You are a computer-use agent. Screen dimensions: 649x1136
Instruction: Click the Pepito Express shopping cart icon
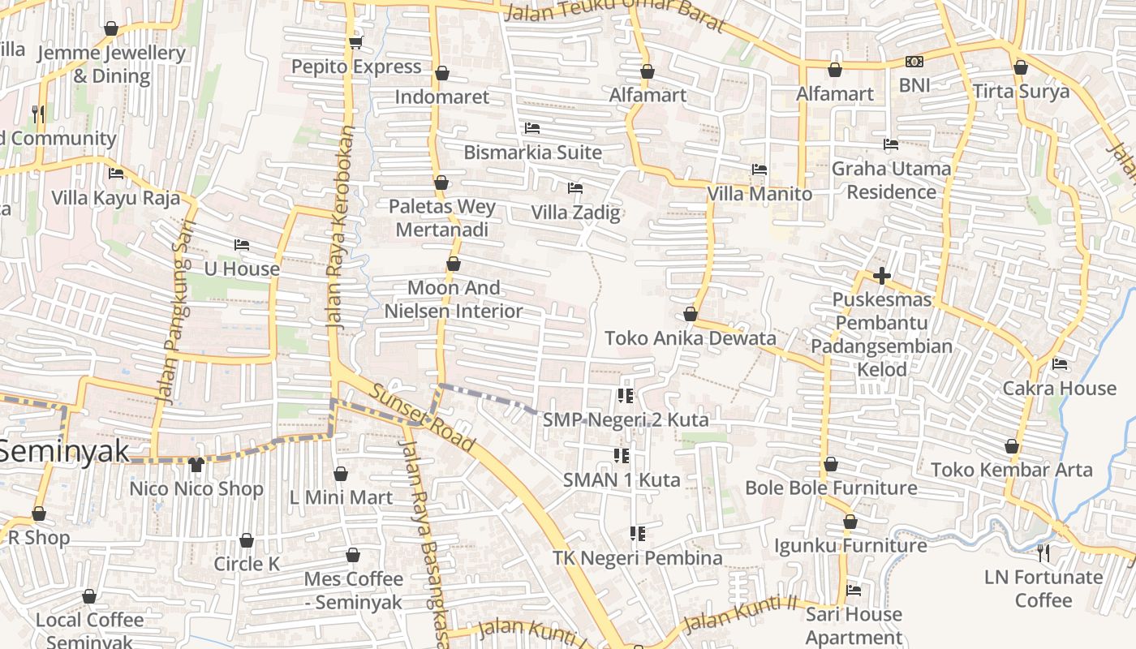pyautogui.click(x=355, y=42)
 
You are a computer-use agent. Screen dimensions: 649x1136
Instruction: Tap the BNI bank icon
pyautogui.click(x=914, y=62)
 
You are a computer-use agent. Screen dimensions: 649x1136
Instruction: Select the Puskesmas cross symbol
pyautogui.click(x=882, y=276)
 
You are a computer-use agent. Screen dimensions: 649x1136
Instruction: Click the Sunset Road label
pyautogui.click(x=421, y=419)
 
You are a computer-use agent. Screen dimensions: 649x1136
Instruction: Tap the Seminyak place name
pyautogui.click(x=64, y=451)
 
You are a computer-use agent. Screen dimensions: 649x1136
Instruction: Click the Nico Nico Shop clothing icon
pyautogui.click(x=196, y=465)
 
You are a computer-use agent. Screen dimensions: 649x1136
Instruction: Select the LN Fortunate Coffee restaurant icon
pyautogui.click(x=1043, y=553)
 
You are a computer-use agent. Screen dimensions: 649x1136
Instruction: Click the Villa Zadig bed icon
pyautogui.click(x=575, y=188)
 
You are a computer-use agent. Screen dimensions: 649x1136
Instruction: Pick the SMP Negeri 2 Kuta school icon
pyautogui.click(x=625, y=396)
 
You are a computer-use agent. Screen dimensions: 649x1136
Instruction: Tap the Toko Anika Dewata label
pyautogui.click(x=691, y=338)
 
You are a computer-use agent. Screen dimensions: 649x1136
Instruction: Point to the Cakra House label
pyautogui.click(x=1060, y=389)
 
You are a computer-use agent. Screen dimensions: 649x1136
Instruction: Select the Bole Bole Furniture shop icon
pyautogui.click(x=831, y=465)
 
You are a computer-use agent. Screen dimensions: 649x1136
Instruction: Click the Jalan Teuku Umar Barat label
pyautogui.click(x=613, y=14)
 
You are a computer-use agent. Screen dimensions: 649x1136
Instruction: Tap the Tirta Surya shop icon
pyautogui.click(x=1021, y=68)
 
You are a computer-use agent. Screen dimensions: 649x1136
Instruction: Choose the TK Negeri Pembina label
pyautogui.click(x=638, y=558)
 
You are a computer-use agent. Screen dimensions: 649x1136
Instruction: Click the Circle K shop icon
pyautogui.click(x=247, y=540)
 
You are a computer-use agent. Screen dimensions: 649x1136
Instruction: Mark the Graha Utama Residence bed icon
pyautogui.click(x=891, y=145)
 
